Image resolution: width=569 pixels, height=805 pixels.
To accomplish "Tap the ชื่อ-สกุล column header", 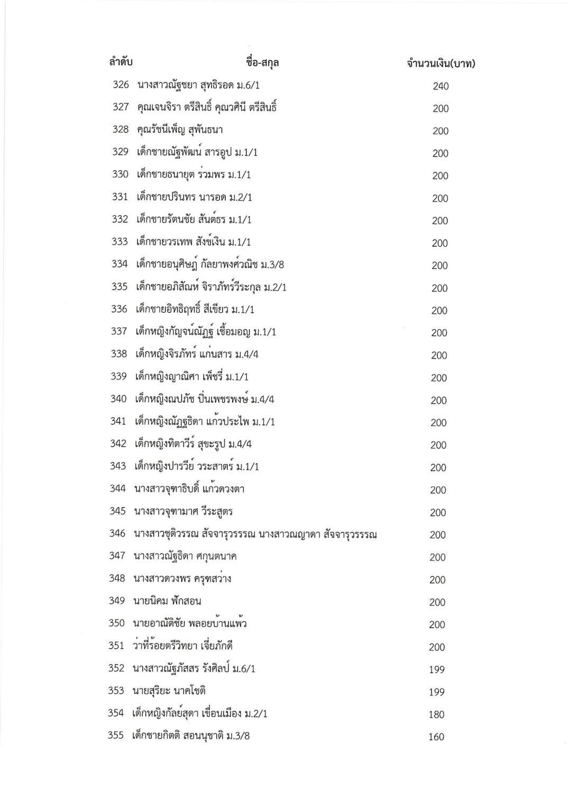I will [263, 62].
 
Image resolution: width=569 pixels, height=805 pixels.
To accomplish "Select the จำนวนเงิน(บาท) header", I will [441, 64].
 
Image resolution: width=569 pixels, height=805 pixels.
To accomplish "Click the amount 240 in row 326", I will [440, 86].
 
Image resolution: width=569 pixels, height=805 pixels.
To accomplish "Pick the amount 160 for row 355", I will [436, 737].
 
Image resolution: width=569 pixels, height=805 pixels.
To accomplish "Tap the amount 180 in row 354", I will [436, 714].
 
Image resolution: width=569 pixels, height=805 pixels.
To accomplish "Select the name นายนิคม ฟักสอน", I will [168, 601].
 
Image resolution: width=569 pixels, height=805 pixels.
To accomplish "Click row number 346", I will [117, 533].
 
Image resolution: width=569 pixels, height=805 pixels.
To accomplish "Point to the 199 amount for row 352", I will [437, 670].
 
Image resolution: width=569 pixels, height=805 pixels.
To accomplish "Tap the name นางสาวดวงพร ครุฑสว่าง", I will [182, 578].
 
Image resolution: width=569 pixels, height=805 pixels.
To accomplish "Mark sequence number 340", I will [118, 399].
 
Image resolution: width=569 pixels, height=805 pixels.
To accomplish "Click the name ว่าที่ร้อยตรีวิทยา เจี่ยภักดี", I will [183, 646].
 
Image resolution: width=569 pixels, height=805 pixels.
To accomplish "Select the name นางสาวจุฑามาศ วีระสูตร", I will [183, 511].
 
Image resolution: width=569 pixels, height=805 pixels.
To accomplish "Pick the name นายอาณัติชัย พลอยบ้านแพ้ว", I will [190, 623].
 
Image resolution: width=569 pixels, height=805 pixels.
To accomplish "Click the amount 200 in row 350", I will [437, 625].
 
